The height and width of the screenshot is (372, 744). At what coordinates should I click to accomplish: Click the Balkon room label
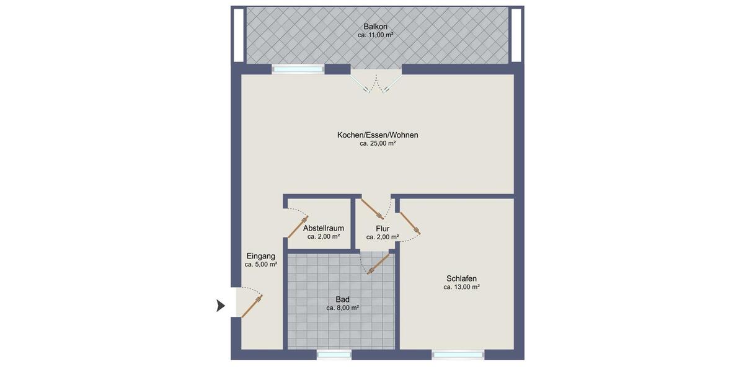pyautogui.click(x=376, y=26)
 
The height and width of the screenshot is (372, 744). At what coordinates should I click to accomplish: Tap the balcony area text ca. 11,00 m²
pyautogui.click(x=376, y=36)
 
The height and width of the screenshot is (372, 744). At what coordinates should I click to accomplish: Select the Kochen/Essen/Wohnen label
pyautogui.click(x=378, y=135)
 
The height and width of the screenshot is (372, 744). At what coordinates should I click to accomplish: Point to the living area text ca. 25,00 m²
pyautogui.click(x=378, y=143)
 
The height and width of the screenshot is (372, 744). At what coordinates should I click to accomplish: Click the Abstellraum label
pyautogui.click(x=324, y=228)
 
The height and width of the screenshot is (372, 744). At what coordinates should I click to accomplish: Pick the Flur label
pyautogui.click(x=383, y=228)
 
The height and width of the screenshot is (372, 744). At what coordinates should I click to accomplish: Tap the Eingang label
pyautogui.click(x=260, y=256)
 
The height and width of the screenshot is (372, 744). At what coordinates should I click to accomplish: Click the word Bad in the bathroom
pyautogui.click(x=343, y=299)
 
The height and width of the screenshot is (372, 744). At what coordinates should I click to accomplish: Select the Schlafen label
pyautogui.click(x=461, y=278)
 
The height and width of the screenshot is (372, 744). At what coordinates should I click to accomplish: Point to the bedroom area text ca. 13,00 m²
pyautogui.click(x=461, y=287)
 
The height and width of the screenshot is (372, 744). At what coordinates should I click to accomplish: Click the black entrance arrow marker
pyautogui.click(x=221, y=305)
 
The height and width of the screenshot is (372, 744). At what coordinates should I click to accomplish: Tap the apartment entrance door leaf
pyautogui.click(x=252, y=306)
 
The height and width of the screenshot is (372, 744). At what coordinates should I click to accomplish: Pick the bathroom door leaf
pyautogui.click(x=379, y=263)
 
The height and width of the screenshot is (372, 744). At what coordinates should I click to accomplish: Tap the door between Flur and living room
pyautogui.click(x=373, y=210)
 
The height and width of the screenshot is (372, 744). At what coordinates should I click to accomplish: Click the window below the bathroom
pyautogui.click(x=334, y=355)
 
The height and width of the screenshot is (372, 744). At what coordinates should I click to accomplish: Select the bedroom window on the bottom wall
pyautogui.click(x=458, y=355)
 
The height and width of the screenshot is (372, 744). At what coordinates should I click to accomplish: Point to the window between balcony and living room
pyautogui.click(x=298, y=69)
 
